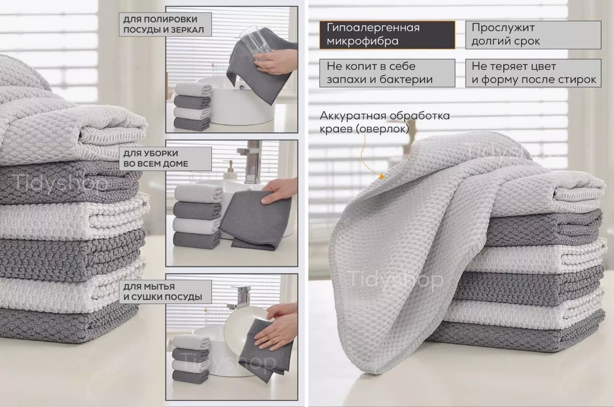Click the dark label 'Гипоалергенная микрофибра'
pos(387,35)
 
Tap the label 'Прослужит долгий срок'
pos(533,35)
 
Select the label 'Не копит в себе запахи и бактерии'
pos(387,73)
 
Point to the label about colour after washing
pos(533,73)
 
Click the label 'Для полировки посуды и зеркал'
pos(165,25)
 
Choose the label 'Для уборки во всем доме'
pos(165,159)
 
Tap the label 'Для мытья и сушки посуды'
pos(165,292)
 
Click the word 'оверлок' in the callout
pos(382,129)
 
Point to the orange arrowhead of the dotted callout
pos(381,176)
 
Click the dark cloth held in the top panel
pos(260,64)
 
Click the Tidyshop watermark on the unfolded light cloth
pos(396,279)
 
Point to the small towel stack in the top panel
pos(193,107)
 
